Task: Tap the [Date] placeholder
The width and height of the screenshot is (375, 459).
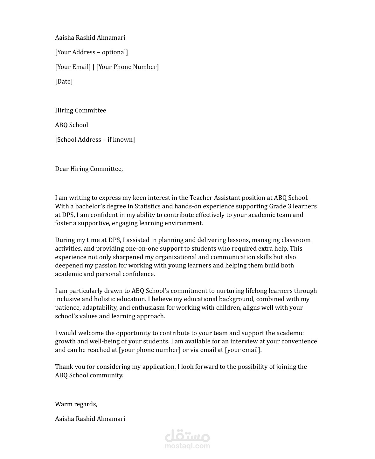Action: pos(64,82)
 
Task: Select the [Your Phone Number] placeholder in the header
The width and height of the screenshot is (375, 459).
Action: pos(127,67)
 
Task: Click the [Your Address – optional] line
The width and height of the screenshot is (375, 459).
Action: pos(92,52)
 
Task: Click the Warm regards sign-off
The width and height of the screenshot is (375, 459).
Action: pos(76,404)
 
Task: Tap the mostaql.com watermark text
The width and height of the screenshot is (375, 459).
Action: pos(187,446)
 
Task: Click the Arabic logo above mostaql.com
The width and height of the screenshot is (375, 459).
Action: pos(187,436)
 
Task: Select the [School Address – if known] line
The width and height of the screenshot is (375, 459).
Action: pos(95,140)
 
